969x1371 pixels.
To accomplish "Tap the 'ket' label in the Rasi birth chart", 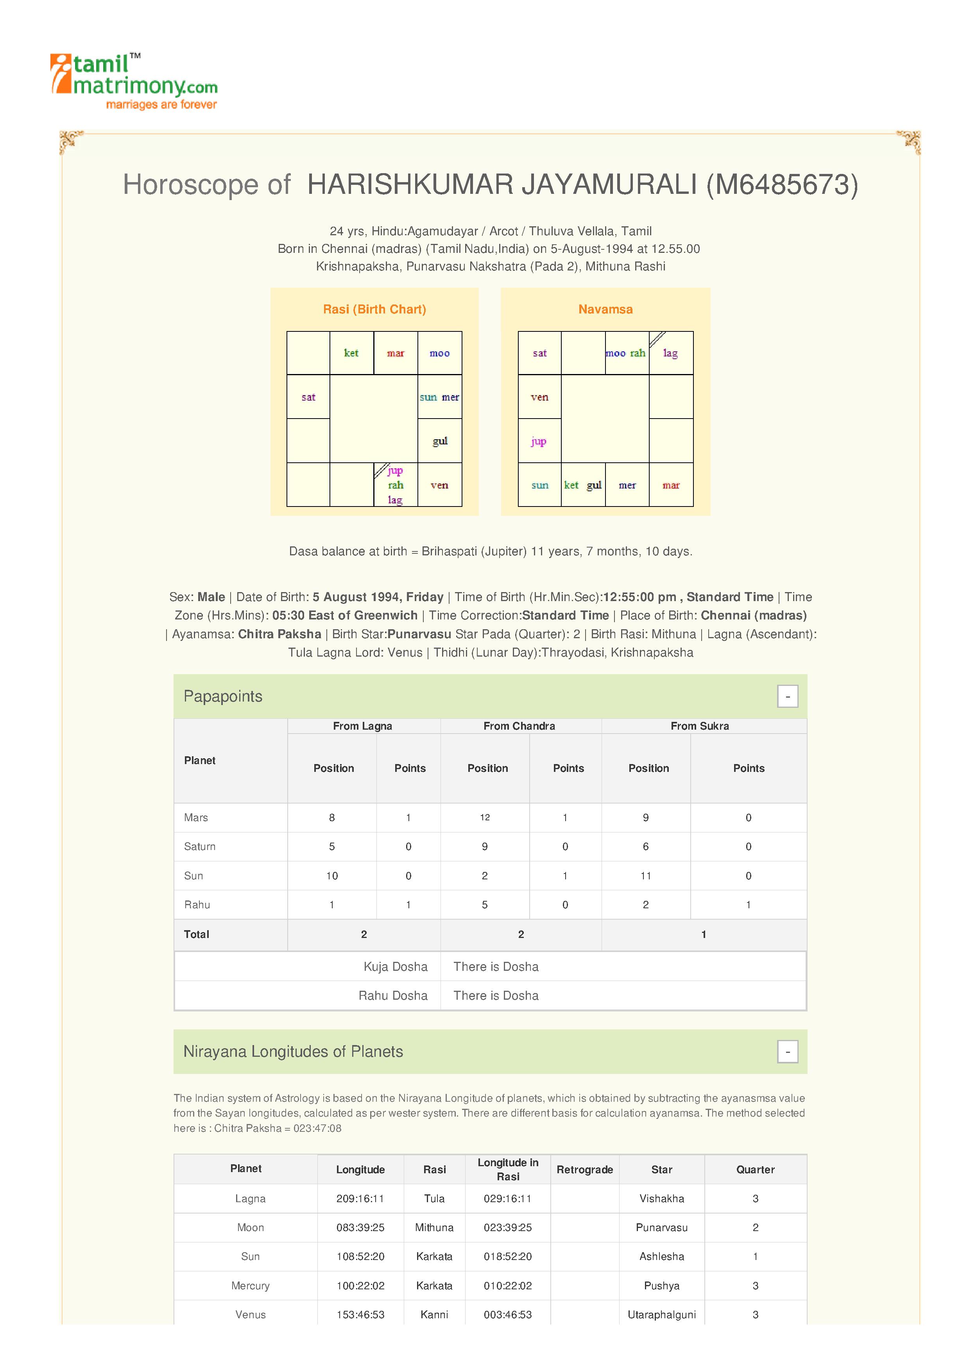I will point(351,353).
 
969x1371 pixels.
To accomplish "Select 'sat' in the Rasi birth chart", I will point(308,397).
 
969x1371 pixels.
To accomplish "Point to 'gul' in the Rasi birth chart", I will point(440,441).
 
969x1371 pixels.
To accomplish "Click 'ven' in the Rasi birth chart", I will point(439,485).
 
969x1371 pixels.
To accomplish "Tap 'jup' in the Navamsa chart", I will point(539,441).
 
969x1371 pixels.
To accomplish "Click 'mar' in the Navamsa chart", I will point(671,485).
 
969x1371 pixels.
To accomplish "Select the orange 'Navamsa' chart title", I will point(605,309).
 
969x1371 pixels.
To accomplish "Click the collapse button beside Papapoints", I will point(788,696).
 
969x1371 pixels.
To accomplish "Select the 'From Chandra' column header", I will point(519,726).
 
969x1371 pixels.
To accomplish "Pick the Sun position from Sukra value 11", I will point(645,876).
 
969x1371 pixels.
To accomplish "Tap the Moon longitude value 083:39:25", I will point(360,1228).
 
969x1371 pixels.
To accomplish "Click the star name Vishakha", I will point(661,1198).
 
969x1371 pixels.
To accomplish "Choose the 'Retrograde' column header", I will point(584,1170).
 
